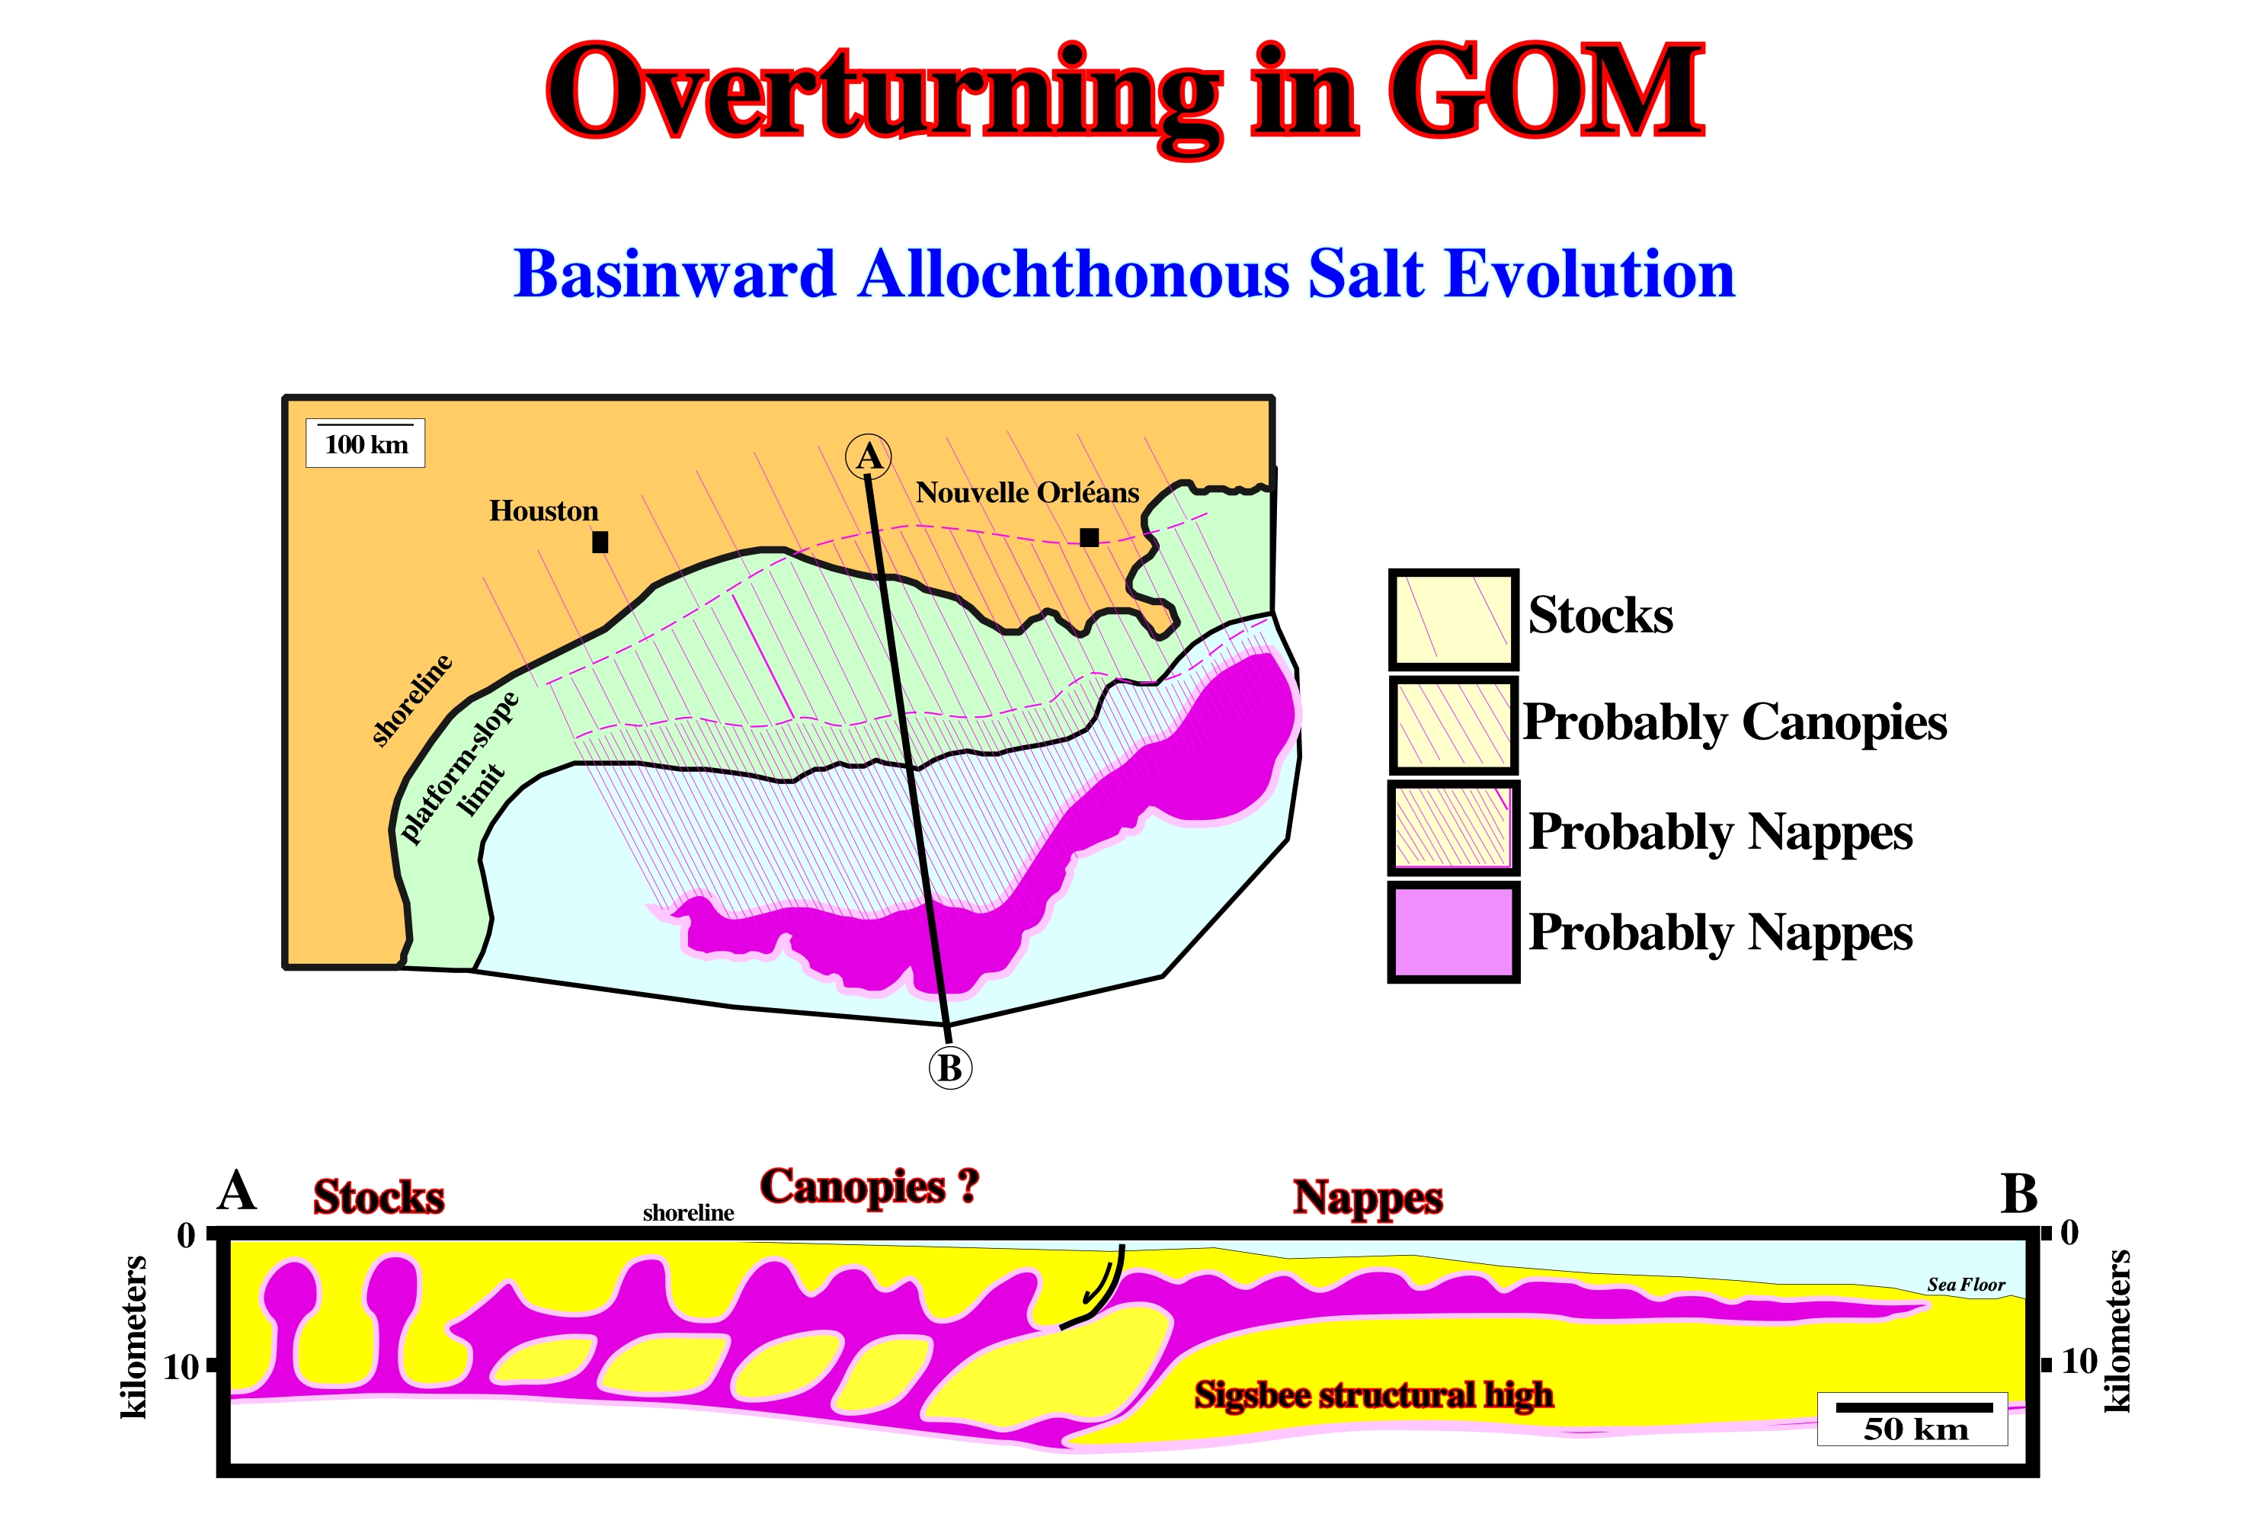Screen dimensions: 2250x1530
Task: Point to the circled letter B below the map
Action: [x=950, y=1067]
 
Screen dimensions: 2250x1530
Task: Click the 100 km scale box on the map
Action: [x=365, y=443]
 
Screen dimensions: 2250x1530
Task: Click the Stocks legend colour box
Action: [x=1453, y=619]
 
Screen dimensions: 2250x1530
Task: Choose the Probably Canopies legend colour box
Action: [x=1453, y=725]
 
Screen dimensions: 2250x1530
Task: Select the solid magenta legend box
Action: [x=1453, y=932]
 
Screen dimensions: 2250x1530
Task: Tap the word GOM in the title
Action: [x=1546, y=92]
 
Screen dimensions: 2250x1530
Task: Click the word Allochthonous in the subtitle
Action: [x=1074, y=274]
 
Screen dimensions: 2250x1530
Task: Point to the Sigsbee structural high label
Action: [x=1374, y=1395]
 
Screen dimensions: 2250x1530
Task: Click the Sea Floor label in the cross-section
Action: [x=1965, y=1284]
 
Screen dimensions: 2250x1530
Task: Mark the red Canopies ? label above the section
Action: [x=869, y=1186]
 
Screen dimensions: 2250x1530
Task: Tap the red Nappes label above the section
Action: [x=1368, y=1198]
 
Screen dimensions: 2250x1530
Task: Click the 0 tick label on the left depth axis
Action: [x=186, y=1234]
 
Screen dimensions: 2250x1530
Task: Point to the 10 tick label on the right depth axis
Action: [x=2079, y=1362]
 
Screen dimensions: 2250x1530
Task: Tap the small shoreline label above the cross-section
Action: [x=688, y=1212]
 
